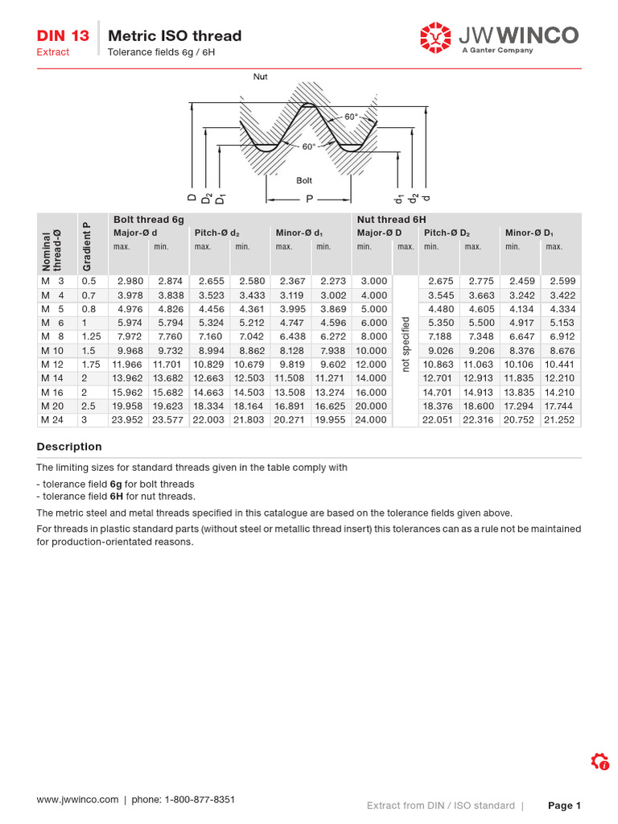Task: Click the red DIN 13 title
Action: [63, 35]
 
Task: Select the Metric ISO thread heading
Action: [175, 35]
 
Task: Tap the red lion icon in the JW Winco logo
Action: [435, 37]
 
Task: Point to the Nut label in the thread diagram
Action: [261, 77]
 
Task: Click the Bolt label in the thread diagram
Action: [304, 180]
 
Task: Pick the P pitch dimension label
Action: [308, 198]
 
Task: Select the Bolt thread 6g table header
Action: [149, 219]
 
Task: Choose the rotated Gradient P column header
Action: [87, 245]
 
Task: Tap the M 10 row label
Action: [51, 350]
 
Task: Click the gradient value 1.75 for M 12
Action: [91, 364]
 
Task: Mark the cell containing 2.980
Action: [130, 281]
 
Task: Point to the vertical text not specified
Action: [406, 344]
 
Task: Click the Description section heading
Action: [69, 447]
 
